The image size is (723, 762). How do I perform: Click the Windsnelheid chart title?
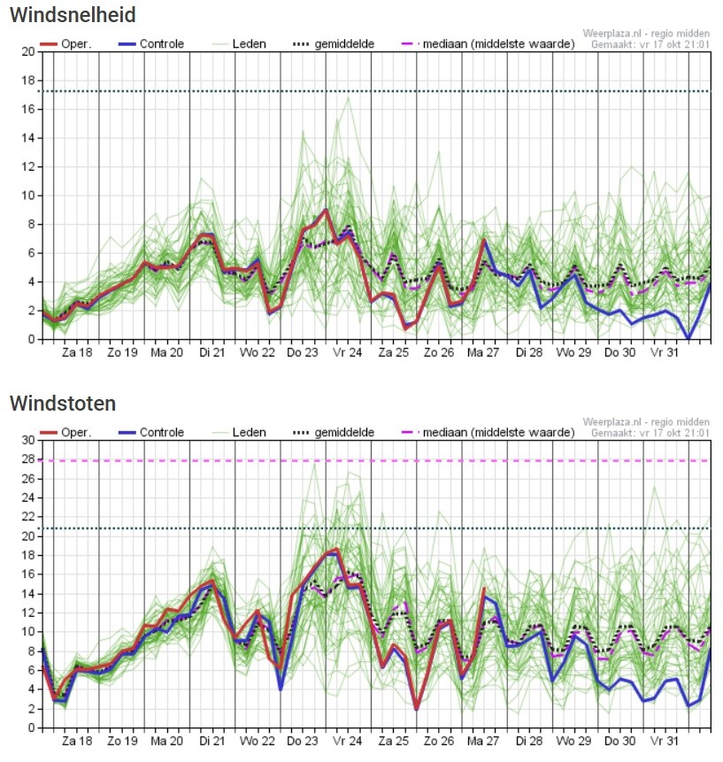point(73,14)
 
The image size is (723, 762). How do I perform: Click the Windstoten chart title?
point(63,404)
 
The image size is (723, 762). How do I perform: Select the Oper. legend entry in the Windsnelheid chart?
point(65,43)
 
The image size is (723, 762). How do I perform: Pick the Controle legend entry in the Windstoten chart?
point(151,432)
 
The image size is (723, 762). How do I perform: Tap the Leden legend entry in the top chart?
point(239,43)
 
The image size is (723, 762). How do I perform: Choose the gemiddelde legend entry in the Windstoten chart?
point(334,432)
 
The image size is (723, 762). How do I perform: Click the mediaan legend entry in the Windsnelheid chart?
point(488,43)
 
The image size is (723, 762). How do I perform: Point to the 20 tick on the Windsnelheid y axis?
point(28,51)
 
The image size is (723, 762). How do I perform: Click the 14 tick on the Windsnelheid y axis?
point(28,138)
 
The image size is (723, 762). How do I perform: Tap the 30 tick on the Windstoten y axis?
point(28,440)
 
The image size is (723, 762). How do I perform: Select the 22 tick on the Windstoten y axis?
point(28,517)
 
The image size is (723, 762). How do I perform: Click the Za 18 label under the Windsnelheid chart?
point(77,352)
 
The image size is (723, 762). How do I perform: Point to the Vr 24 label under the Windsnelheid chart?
point(348,352)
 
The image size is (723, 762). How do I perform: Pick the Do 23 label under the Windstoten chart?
point(303,741)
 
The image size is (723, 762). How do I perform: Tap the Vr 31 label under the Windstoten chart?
point(665,741)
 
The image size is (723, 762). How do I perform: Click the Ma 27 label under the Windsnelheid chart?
point(483,352)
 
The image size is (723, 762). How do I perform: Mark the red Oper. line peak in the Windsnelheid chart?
point(326,210)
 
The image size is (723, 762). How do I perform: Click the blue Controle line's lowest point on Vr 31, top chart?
point(688,338)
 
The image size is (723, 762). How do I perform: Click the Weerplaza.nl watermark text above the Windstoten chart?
point(646,422)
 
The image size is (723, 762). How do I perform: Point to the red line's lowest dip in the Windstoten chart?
point(417,709)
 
